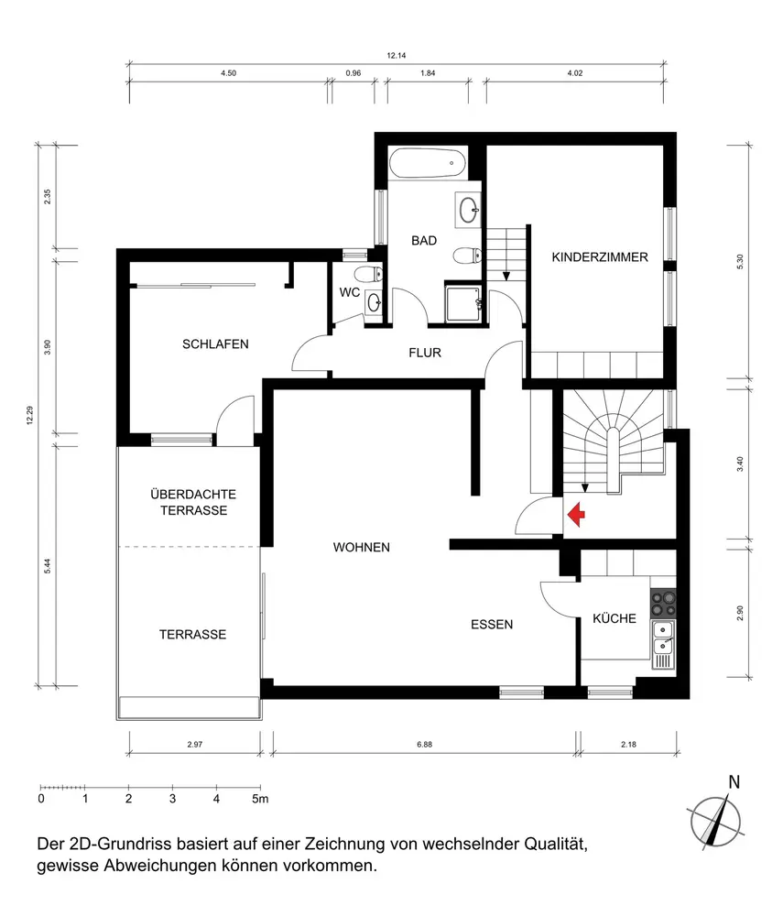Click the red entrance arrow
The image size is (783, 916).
click(x=576, y=514)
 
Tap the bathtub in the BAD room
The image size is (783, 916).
click(x=428, y=163)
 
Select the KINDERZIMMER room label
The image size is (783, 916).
click(x=600, y=257)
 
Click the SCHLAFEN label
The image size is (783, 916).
click(x=215, y=344)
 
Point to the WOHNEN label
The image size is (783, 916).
click(x=362, y=548)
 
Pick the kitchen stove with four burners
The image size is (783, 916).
click(x=663, y=604)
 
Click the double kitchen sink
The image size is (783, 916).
click(x=663, y=638)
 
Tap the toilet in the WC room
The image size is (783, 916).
click(x=368, y=273)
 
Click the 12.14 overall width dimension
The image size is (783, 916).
click(x=396, y=56)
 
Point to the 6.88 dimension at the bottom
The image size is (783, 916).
click(x=425, y=744)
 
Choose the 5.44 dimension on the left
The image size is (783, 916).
click(x=48, y=565)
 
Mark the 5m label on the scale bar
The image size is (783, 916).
click(x=260, y=799)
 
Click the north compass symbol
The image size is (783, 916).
click(x=716, y=818)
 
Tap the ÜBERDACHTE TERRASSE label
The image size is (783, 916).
click(x=193, y=502)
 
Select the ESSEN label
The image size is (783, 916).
click(x=492, y=625)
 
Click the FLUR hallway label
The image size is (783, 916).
click(x=425, y=353)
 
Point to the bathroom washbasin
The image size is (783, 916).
click(x=468, y=211)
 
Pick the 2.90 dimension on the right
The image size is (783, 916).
click(x=740, y=613)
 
